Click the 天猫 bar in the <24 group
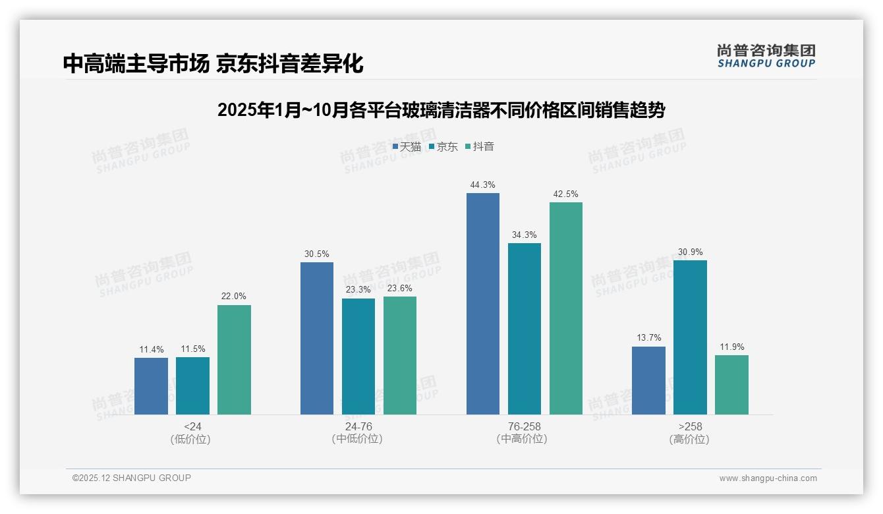pos(151,386)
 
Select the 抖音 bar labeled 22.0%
pos(234,360)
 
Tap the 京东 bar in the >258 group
pos(690,337)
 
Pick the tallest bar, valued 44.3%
pos(483,304)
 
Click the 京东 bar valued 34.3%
pos(525,329)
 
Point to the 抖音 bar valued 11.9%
pos(731,385)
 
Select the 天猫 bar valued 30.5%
pos(317,338)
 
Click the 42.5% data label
pos(566,194)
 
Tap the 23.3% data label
pos(358,290)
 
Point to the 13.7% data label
pos(648,338)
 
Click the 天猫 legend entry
pos(407,147)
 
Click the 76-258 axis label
pos(525,426)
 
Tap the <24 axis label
pos(193,426)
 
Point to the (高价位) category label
pos(690,439)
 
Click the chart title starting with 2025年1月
pos(441,110)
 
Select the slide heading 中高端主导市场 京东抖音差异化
pos(213,64)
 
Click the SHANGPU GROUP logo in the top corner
pos(766,56)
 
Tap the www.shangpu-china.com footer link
pos(768,478)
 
